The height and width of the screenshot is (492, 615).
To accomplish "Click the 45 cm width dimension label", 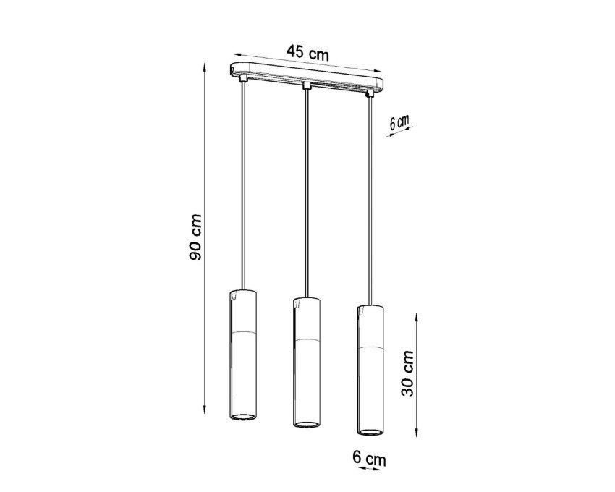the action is (x=307, y=53).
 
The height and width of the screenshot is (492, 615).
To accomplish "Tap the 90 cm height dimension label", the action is (x=195, y=237).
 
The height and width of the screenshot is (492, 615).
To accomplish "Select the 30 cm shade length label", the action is (x=407, y=374).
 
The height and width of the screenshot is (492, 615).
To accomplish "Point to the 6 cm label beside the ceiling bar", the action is (x=399, y=122).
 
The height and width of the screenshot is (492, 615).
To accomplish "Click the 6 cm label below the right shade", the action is (x=369, y=458).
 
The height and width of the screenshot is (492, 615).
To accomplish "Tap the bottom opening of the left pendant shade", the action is (x=242, y=416).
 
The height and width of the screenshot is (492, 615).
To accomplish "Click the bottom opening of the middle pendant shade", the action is (x=307, y=424).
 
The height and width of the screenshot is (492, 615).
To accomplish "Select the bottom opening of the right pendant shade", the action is (x=370, y=431).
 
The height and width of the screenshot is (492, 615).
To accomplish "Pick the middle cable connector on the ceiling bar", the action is (x=307, y=85).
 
